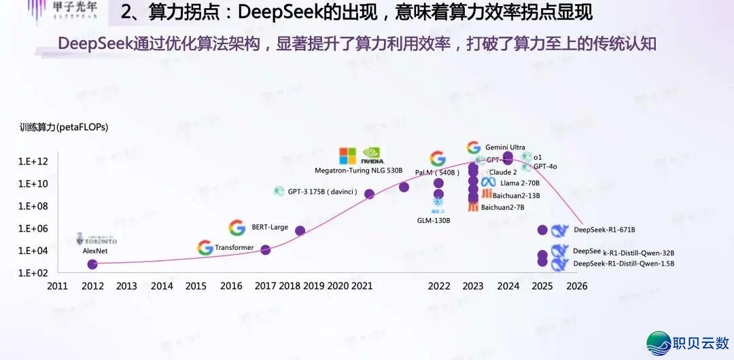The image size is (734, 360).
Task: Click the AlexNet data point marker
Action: [92, 264]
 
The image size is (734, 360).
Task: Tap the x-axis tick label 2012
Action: [92, 287]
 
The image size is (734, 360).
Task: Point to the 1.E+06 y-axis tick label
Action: [33, 228]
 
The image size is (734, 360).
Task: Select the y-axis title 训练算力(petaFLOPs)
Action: [64, 127]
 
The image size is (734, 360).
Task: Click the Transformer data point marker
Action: [266, 250]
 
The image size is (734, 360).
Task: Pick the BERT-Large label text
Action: [270, 227]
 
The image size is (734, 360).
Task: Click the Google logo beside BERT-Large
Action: [237, 228]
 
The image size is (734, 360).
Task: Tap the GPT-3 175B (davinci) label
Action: [322, 192]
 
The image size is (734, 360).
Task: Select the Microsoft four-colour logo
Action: [348, 156]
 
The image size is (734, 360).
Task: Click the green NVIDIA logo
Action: [372, 156]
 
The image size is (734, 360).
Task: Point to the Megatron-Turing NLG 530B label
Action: [359, 170]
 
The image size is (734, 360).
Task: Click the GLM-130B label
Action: [434, 221]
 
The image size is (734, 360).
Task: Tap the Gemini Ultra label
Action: [505, 147]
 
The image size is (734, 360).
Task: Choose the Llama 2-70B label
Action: [520, 183]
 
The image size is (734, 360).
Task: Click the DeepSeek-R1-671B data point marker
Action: [542, 230]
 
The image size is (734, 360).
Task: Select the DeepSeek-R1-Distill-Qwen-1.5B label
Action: [623, 264]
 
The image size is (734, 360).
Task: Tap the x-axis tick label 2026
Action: [576, 287]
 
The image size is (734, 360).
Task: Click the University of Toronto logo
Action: [97, 240]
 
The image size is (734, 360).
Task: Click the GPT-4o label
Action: [545, 166]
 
